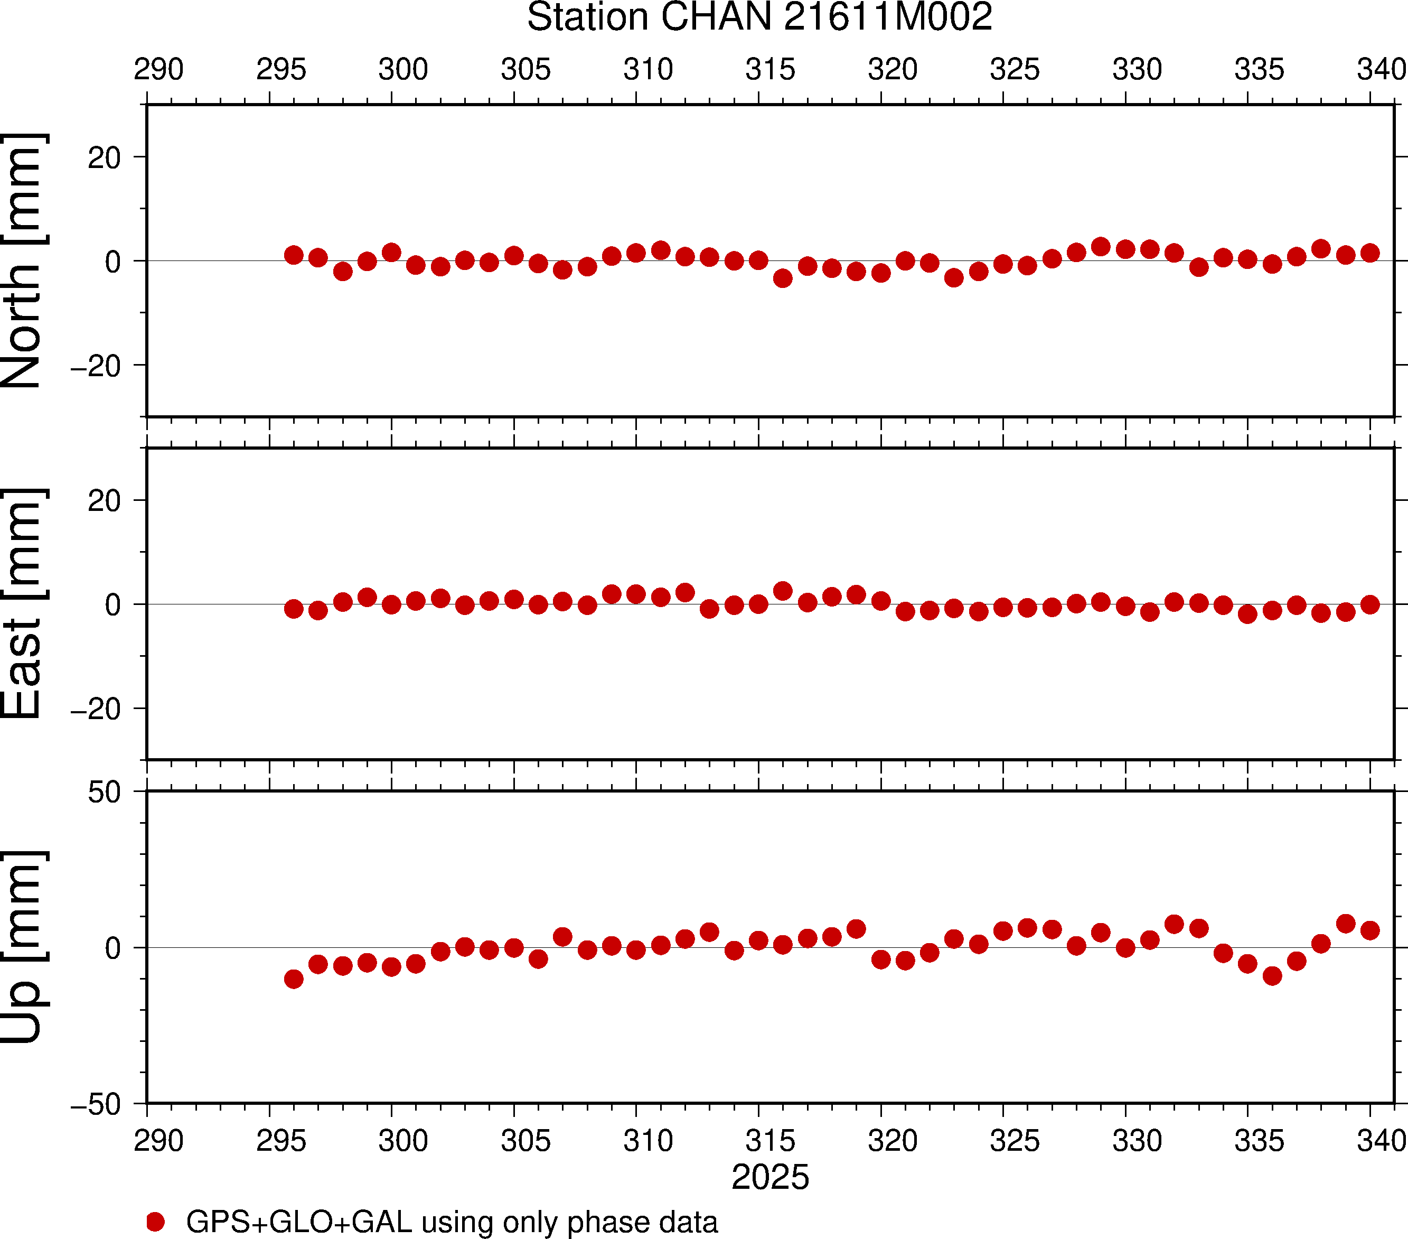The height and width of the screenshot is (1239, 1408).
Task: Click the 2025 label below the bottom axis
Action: tap(769, 1177)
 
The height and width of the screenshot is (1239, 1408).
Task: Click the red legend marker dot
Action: tap(156, 1222)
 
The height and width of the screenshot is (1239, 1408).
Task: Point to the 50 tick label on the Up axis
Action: tap(104, 793)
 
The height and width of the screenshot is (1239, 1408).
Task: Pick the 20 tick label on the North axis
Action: tap(104, 158)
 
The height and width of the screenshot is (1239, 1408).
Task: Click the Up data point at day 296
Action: tap(294, 979)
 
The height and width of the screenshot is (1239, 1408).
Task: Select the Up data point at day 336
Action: tap(1272, 976)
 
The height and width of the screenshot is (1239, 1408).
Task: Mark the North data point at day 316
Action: tap(783, 278)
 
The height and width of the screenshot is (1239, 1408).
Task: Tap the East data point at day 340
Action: tap(1370, 604)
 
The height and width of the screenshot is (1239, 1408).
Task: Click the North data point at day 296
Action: tap(294, 255)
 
